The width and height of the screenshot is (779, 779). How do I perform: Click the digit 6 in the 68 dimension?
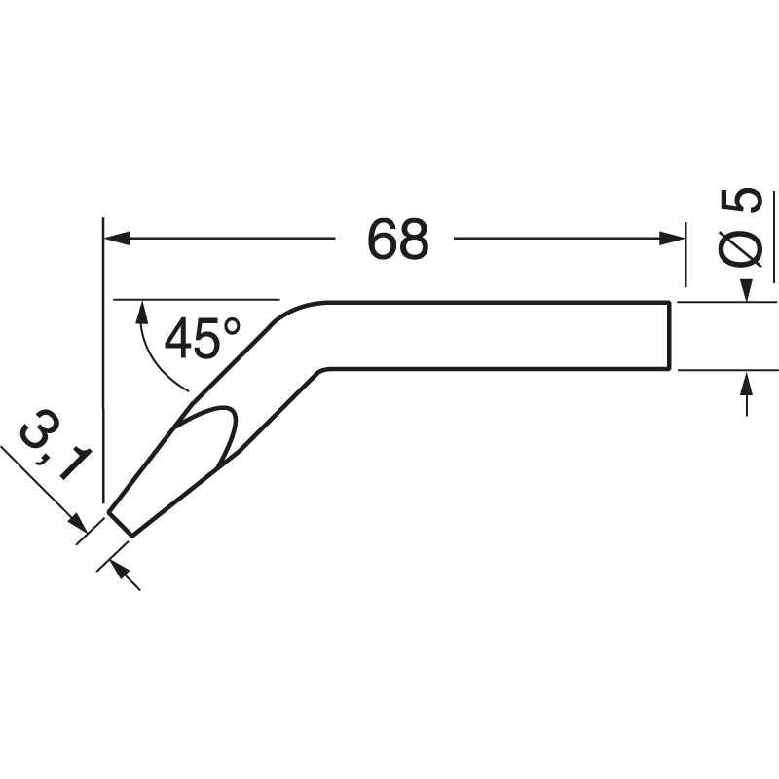pos(382,240)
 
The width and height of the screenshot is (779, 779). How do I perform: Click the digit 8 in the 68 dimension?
pos(413,240)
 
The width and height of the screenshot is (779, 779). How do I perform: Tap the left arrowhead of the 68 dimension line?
pos(115,238)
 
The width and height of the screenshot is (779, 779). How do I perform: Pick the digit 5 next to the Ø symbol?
pos(741,202)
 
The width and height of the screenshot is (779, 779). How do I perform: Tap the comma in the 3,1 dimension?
pos(49,462)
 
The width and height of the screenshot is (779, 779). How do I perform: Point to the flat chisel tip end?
pos(120,523)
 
